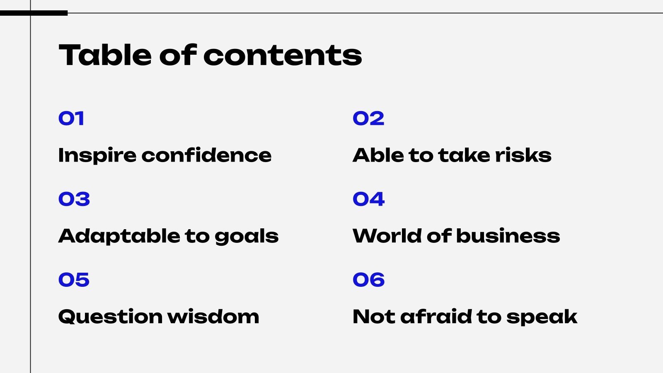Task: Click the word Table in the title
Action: pos(105,55)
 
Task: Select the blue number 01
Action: pos(71,119)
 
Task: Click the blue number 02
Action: pos(368,119)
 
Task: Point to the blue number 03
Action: pos(74,199)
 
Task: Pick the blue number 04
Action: pos(368,199)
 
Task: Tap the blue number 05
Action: pos(74,280)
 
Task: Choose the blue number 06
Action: pos(368,280)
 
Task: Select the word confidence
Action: pos(206,155)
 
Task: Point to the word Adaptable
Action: pos(119,236)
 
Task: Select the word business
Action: pos(508,236)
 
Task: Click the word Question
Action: pos(110,317)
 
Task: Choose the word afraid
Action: pos(436,317)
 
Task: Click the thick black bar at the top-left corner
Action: pos(34,13)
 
